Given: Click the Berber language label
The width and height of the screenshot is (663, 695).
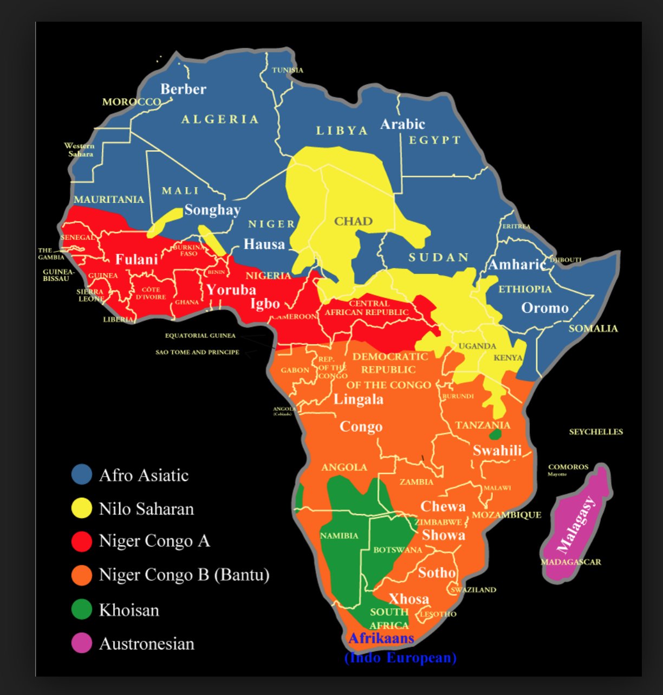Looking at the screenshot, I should point(183,89).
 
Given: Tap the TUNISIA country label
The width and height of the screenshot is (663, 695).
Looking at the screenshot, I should point(288,70).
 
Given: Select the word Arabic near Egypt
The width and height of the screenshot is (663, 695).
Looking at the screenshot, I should point(402,124).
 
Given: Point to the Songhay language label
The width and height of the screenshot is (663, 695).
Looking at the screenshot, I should point(212,210).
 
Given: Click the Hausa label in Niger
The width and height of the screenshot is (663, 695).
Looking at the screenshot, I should point(264,244).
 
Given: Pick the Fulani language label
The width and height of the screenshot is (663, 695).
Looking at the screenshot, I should point(136,260).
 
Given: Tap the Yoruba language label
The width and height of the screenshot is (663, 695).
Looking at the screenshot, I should point(231,290).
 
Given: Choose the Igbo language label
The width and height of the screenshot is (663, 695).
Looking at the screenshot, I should point(265,304).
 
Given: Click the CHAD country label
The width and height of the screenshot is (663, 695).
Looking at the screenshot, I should point(353,221).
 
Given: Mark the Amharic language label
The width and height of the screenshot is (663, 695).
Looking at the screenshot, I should point(517,265).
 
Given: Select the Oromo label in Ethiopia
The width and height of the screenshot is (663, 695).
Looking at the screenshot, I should point(545,308).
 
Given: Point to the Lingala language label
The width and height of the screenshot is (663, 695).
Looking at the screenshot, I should point(358,400).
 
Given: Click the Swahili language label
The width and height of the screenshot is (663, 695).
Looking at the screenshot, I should point(497,451).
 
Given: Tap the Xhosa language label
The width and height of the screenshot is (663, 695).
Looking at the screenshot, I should point(409,599).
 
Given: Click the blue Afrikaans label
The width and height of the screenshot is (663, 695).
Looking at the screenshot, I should point(381,638).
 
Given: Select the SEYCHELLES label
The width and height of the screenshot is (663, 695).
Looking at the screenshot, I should point(596,432).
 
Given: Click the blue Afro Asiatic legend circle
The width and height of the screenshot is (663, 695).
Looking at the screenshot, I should point(82,474).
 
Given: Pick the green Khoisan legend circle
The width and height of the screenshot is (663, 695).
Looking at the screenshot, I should point(82,609).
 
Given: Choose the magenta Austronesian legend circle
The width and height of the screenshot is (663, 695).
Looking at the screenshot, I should point(82,643).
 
